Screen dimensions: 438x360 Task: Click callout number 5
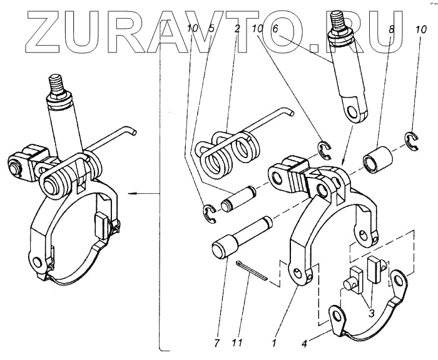click(211, 29)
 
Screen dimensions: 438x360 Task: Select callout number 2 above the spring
click(238, 29)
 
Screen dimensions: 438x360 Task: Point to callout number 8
click(392, 29)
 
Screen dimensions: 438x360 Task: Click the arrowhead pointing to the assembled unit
click(129, 194)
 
